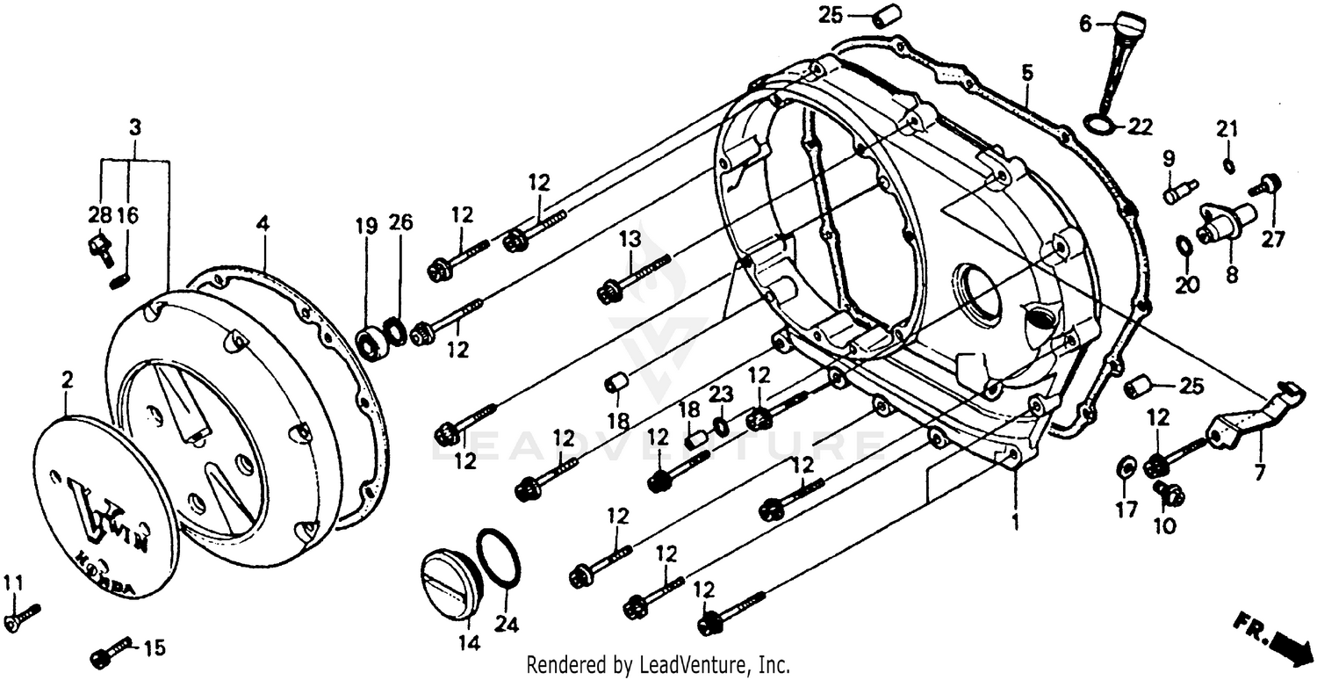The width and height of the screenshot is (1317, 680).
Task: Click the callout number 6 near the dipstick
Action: (1085, 25)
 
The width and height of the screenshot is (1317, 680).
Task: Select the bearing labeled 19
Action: (372, 343)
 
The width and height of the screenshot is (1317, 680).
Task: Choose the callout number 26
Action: (400, 226)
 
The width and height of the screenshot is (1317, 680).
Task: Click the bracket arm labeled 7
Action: (1247, 418)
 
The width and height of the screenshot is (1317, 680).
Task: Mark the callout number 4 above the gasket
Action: (262, 224)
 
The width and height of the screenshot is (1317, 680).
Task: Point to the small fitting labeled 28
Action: (99, 249)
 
